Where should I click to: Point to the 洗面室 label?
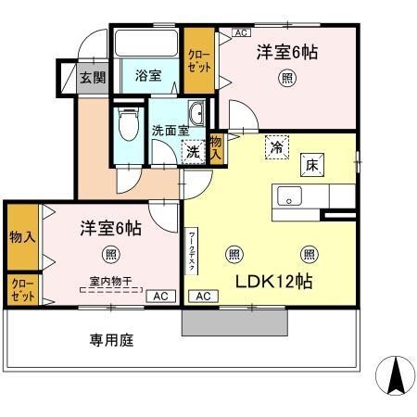click(171, 132)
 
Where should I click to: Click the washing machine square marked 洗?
click(194, 151)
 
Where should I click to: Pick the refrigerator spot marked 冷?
click(276, 146)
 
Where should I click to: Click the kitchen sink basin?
click(288, 196)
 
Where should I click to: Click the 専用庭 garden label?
click(111, 340)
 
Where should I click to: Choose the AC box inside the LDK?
click(203, 296)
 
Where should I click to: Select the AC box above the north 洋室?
click(241, 32)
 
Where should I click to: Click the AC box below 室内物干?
click(158, 297)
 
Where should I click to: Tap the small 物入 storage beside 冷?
click(216, 147)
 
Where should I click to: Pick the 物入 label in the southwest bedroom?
click(22, 236)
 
